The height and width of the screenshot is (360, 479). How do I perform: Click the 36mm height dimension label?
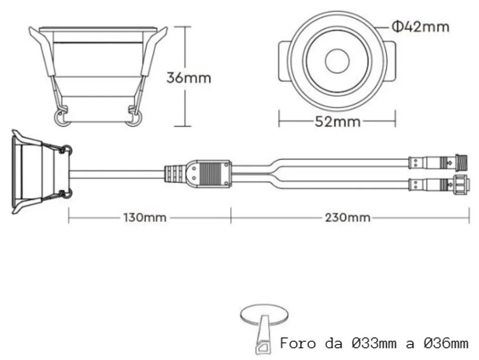point(188,77)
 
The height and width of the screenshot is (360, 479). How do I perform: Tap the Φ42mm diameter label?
point(421,27)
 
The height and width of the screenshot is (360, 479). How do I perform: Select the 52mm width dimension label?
point(337,122)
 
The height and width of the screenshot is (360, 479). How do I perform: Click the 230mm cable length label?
point(348,218)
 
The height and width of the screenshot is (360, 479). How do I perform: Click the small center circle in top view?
point(337,61)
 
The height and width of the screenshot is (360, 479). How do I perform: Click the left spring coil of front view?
point(62,118)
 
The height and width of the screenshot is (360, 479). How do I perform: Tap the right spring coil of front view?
point(134,118)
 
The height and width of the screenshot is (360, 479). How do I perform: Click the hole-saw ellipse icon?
point(265,315)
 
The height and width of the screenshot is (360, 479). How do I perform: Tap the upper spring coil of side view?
point(67,150)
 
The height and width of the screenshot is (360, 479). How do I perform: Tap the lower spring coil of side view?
point(67,193)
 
